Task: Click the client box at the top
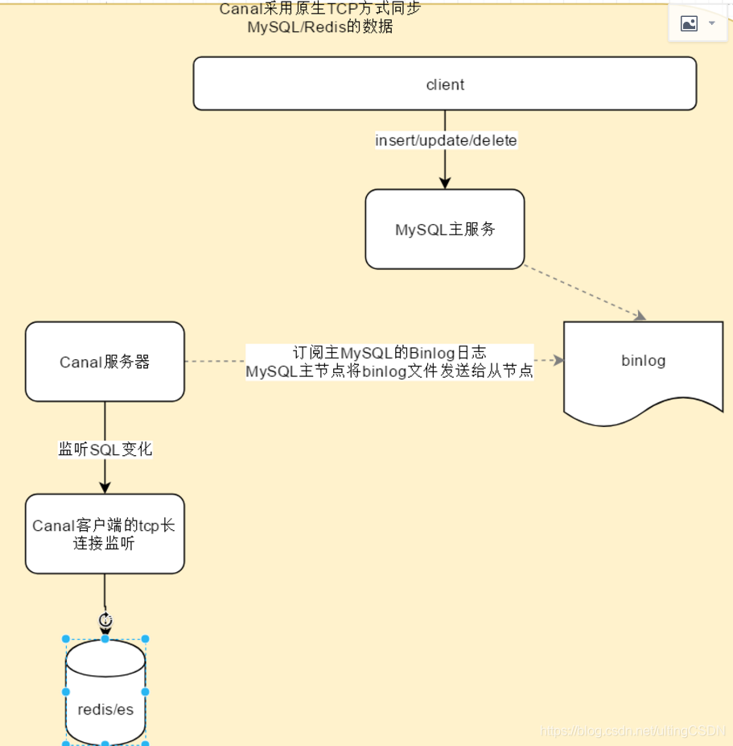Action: click(x=444, y=84)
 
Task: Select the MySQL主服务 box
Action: click(x=444, y=230)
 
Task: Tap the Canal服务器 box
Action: click(x=105, y=362)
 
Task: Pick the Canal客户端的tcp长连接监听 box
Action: click(x=105, y=534)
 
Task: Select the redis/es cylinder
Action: click(x=105, y=693)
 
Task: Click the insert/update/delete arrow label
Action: click(x=446, y=140)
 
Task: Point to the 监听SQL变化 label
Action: click(x=105, y=450)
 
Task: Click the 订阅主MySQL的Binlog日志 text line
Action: click(x=389, y=353)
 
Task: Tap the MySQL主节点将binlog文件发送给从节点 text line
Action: click(x=389, y=371)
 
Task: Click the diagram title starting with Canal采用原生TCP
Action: click(x=320, y=17)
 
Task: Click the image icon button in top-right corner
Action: click(x=690, y=23)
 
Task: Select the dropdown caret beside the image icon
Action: click(x=712, y=23)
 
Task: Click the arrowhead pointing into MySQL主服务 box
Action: click(x=445, y=184)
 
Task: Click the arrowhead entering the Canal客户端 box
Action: click(x=105, y=487)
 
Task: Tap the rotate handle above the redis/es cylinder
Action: click(x=105, y=620)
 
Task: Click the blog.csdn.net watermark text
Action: click(x=633, y=731)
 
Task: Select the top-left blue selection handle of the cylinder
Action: click(x=66, y=639)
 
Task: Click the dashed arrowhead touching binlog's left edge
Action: click(x=558, y=361)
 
